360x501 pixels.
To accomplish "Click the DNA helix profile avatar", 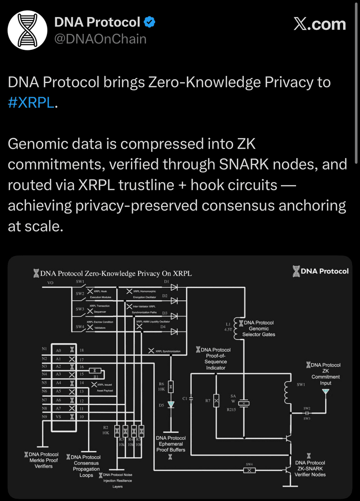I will click(27, 30).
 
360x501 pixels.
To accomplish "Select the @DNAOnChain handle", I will click(100, 39).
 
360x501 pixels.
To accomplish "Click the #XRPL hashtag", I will click(32, 103).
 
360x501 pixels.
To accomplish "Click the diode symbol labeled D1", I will click(175, 287).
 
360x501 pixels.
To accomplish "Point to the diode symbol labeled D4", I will click(175, 332).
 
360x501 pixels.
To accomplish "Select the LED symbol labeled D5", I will click(171, 405).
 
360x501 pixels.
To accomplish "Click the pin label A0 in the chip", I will click(59, 350).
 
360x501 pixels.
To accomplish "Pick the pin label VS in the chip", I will click(59, 417).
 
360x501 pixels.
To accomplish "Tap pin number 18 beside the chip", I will click(81, 350).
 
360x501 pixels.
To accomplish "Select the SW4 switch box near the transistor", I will click(249, 470).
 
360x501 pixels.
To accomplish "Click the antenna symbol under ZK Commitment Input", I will click(325, 392).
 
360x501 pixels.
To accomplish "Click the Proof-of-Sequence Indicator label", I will click(216, 358).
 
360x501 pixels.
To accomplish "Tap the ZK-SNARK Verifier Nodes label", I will click(310, 468).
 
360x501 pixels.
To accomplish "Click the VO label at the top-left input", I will click(50, 282).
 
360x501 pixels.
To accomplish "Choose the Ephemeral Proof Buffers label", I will click(171, 444).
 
